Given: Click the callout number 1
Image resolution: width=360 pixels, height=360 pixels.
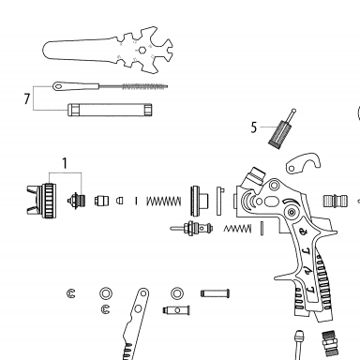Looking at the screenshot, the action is [65, 163].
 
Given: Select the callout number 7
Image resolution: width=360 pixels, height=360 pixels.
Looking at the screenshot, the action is [27, 98].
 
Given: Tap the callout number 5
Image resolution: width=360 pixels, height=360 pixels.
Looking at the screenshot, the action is [254, 127].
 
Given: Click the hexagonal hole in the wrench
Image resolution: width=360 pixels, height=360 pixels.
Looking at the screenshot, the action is [142, 50].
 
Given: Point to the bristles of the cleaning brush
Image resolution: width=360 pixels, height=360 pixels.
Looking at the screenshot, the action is [144, 86].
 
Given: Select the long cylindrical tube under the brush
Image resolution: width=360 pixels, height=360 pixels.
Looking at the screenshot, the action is [110, 110].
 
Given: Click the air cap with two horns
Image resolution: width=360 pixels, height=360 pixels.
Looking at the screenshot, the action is [41, 201].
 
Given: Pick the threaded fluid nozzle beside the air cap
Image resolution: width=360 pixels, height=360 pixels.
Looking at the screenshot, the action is [76, 200].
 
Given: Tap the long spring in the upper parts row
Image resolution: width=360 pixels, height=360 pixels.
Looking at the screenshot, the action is [164, 201].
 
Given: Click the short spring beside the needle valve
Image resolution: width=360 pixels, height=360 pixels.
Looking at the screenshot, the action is [237, 229].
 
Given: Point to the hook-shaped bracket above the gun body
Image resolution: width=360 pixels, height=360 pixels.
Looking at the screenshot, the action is [303, 162].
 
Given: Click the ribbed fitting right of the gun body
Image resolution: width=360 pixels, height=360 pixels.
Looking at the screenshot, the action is [335, 201].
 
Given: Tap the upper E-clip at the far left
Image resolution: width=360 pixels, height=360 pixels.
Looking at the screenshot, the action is [71, 293].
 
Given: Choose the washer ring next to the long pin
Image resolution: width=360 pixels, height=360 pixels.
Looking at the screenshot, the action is [177, 293].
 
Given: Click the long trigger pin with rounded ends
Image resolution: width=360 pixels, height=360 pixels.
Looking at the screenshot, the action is [215, 293].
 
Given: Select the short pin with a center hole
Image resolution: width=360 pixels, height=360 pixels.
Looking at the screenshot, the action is [176, 310].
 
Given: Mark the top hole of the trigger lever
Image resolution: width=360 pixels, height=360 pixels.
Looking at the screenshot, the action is [143, 293].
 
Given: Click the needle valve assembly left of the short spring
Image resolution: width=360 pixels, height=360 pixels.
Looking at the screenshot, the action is [191, 228].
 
